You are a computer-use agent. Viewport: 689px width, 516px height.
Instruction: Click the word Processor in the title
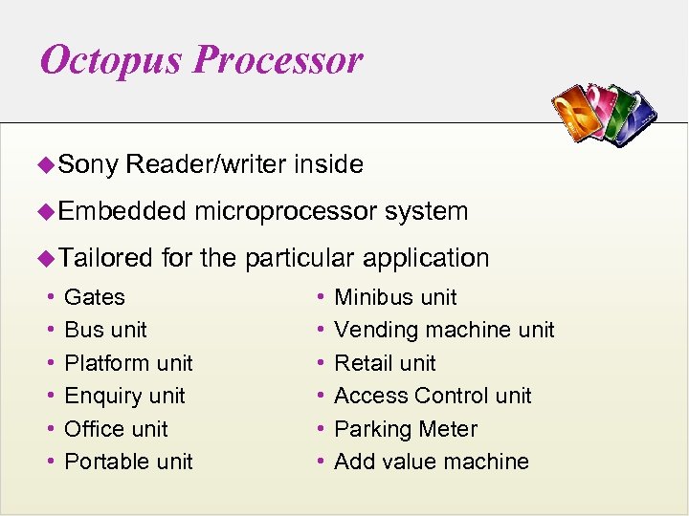(x=278, y=60)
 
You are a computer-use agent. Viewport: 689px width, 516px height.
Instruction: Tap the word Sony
(x=88, y=164)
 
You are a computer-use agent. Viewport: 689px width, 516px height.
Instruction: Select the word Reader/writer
(x=206, y=164)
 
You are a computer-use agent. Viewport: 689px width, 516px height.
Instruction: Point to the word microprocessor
(x=285, y=211)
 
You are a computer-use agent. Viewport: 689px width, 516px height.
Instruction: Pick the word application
(x=426, y=258)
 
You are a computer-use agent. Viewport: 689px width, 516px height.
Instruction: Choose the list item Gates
(x=94, y=297)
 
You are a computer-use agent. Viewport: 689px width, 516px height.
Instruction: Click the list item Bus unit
(x=105, y=330)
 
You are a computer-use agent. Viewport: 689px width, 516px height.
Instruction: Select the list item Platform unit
(x=128, y=363)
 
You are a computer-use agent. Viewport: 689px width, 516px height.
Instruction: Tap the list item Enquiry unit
(x=124, y=396)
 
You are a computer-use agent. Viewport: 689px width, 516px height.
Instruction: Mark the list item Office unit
(x=116, y=429)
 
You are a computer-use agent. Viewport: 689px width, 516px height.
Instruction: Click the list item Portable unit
(x=128, y=462)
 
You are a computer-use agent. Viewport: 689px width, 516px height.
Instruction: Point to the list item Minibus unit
(x=395, y=297)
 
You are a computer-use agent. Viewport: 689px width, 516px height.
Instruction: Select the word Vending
(x=376, y=330)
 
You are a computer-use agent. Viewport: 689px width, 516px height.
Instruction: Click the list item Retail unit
(x=385, y=363)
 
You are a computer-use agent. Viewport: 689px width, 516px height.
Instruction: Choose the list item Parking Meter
(x=406, y=429)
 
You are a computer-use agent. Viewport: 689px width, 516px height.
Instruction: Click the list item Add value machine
(x=432, y=462)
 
